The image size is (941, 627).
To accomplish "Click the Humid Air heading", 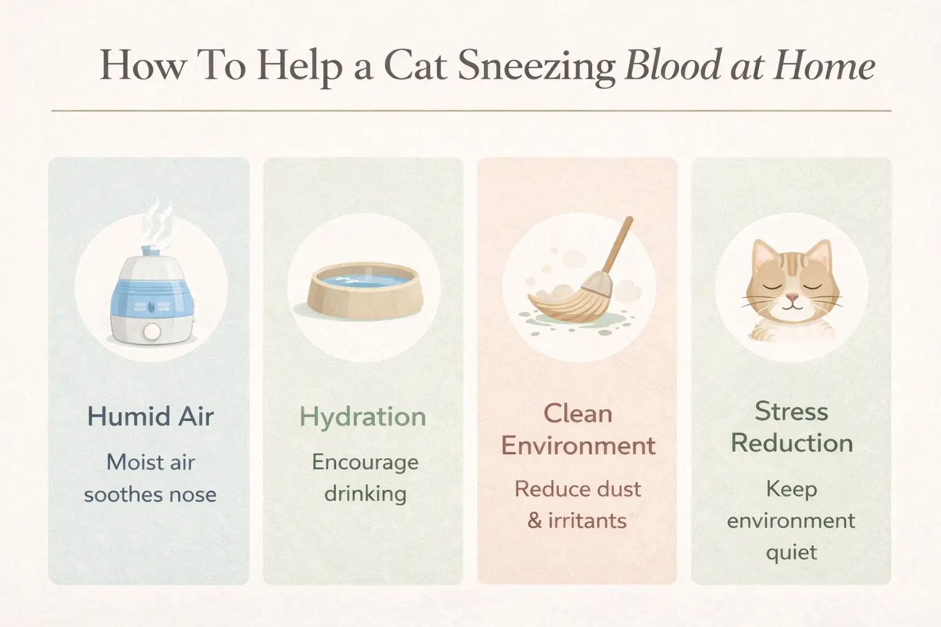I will (150, 416).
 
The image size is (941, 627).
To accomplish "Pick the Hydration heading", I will (363, 416).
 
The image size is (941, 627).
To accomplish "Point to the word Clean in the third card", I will (578, 414).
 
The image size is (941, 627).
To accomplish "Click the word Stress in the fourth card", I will (791, 411).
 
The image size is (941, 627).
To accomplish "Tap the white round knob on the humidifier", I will (151, 331).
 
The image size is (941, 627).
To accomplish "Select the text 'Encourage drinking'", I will (365, 478).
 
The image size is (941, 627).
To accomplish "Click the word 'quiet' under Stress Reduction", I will (791, 552).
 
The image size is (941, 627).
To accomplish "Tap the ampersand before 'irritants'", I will (534, 521).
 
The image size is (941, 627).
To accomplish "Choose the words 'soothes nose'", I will (150, 494).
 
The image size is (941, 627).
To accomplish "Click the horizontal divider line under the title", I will (470, 111).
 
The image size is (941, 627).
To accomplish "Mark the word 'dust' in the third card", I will (620, 489).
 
